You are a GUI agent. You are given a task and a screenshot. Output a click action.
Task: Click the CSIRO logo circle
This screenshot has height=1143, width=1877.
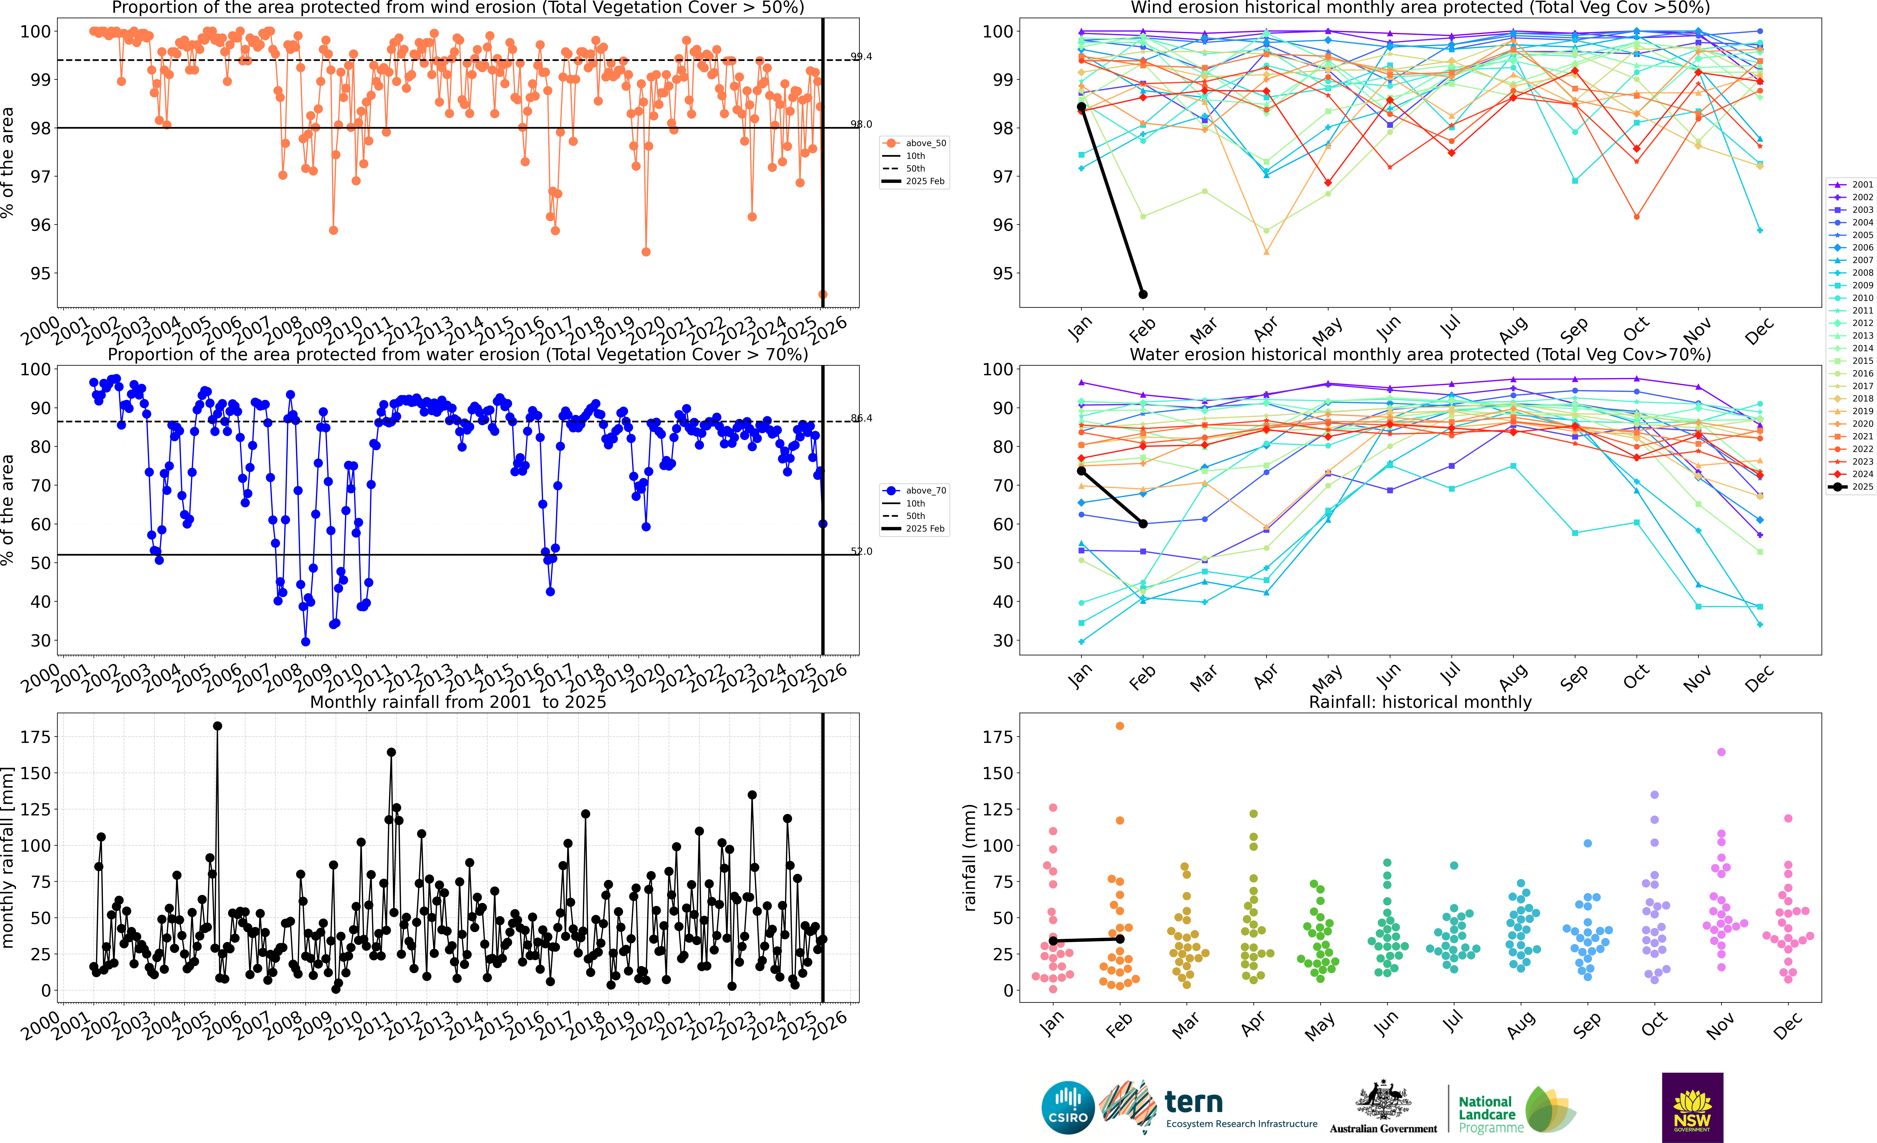[x=1068, y=1107]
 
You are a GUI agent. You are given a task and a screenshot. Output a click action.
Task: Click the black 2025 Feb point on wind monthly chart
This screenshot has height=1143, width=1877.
[x=1143, y=294]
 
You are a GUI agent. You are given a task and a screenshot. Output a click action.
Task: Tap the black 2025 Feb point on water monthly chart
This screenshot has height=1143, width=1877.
[x=1143, y=524]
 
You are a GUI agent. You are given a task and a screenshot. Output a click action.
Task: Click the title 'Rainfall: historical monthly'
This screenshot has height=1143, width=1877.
[x=1420, y=702]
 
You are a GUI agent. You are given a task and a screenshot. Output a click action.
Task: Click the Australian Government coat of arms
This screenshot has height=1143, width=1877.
[x=1383, y=1100]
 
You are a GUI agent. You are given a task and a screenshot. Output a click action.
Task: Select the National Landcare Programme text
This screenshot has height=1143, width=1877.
[x=1489, y=1114]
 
